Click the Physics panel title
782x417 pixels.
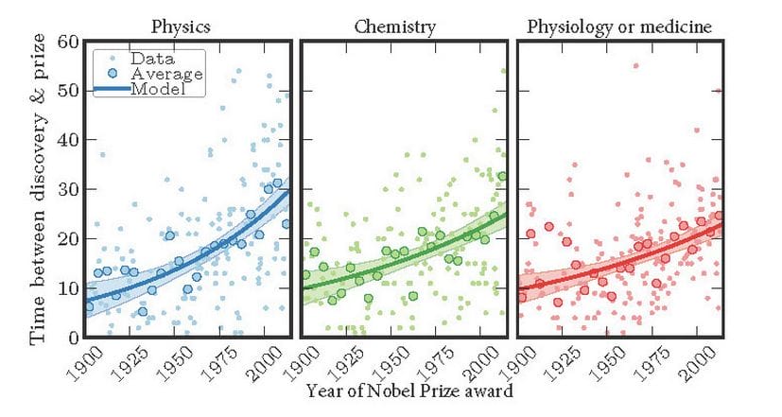[187, 26]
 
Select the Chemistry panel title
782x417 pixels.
[394, 26]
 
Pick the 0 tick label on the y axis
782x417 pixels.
[72, 338]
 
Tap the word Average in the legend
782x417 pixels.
[165, 73]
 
